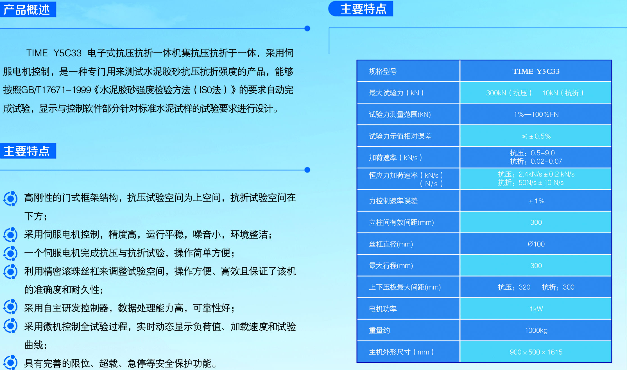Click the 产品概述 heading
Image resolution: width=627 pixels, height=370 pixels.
pos(27,10)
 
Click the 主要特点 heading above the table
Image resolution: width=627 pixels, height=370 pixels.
pos(363,9)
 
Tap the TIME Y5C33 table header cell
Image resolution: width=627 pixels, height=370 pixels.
pos(536,71)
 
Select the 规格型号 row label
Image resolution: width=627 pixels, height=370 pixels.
pos(382,71)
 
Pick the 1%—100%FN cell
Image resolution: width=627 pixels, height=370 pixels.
pos(536,114)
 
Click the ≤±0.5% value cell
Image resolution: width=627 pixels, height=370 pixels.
pos(536,136)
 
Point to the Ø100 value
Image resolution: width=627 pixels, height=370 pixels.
pos(536,244)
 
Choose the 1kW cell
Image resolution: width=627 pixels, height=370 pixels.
pos(536,309)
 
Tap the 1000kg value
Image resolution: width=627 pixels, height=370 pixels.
pos(536,330)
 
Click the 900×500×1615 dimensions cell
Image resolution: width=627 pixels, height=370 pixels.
pos(536,352)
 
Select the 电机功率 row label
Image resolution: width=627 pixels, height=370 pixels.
pos(383,309)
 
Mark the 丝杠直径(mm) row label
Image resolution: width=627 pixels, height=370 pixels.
pos(391,244)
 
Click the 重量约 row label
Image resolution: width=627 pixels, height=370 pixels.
pos(379,330)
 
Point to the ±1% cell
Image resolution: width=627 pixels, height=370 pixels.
pos(536,201)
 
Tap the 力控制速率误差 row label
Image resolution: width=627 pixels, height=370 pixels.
pos(393,201)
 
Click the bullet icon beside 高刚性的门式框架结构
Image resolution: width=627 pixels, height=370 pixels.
pos(11,198)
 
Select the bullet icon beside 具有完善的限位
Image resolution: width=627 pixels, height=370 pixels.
pos(11,363)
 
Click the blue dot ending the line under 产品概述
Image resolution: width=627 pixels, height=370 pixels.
pos(307,28)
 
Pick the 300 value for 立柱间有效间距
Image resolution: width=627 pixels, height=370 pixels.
pos(536,222)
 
